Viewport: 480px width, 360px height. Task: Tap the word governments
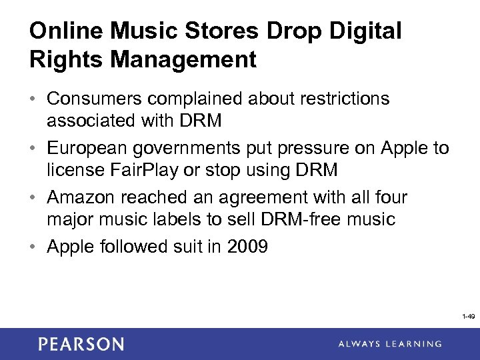[x=187, y=149]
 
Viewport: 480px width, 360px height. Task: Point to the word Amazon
[x=79, y=198]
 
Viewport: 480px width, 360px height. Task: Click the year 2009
[x=247, y=247]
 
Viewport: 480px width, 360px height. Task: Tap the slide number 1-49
[x=468, y=317]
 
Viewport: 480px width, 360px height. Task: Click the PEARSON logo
[x=81, y=344]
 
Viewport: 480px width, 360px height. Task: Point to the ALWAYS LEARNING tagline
[x=389, y=344]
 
